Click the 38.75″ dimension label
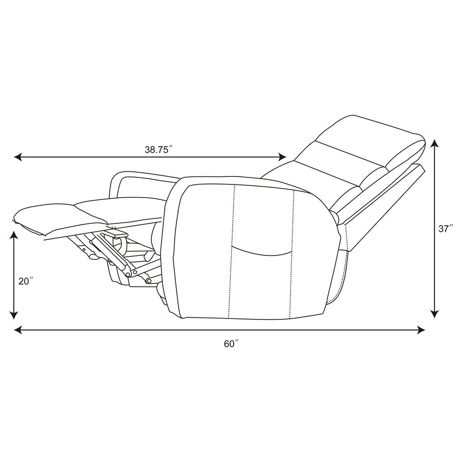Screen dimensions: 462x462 point(158,149)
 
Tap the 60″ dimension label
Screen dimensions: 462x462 point(231,344)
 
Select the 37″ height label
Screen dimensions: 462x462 point(445,229)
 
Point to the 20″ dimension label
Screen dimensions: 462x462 point(25,282)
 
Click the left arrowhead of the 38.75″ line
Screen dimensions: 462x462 point(18,157)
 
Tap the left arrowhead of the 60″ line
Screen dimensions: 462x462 point(18,330)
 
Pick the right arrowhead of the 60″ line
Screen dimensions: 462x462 point(421,330)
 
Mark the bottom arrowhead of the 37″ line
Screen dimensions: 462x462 point(435,314)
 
